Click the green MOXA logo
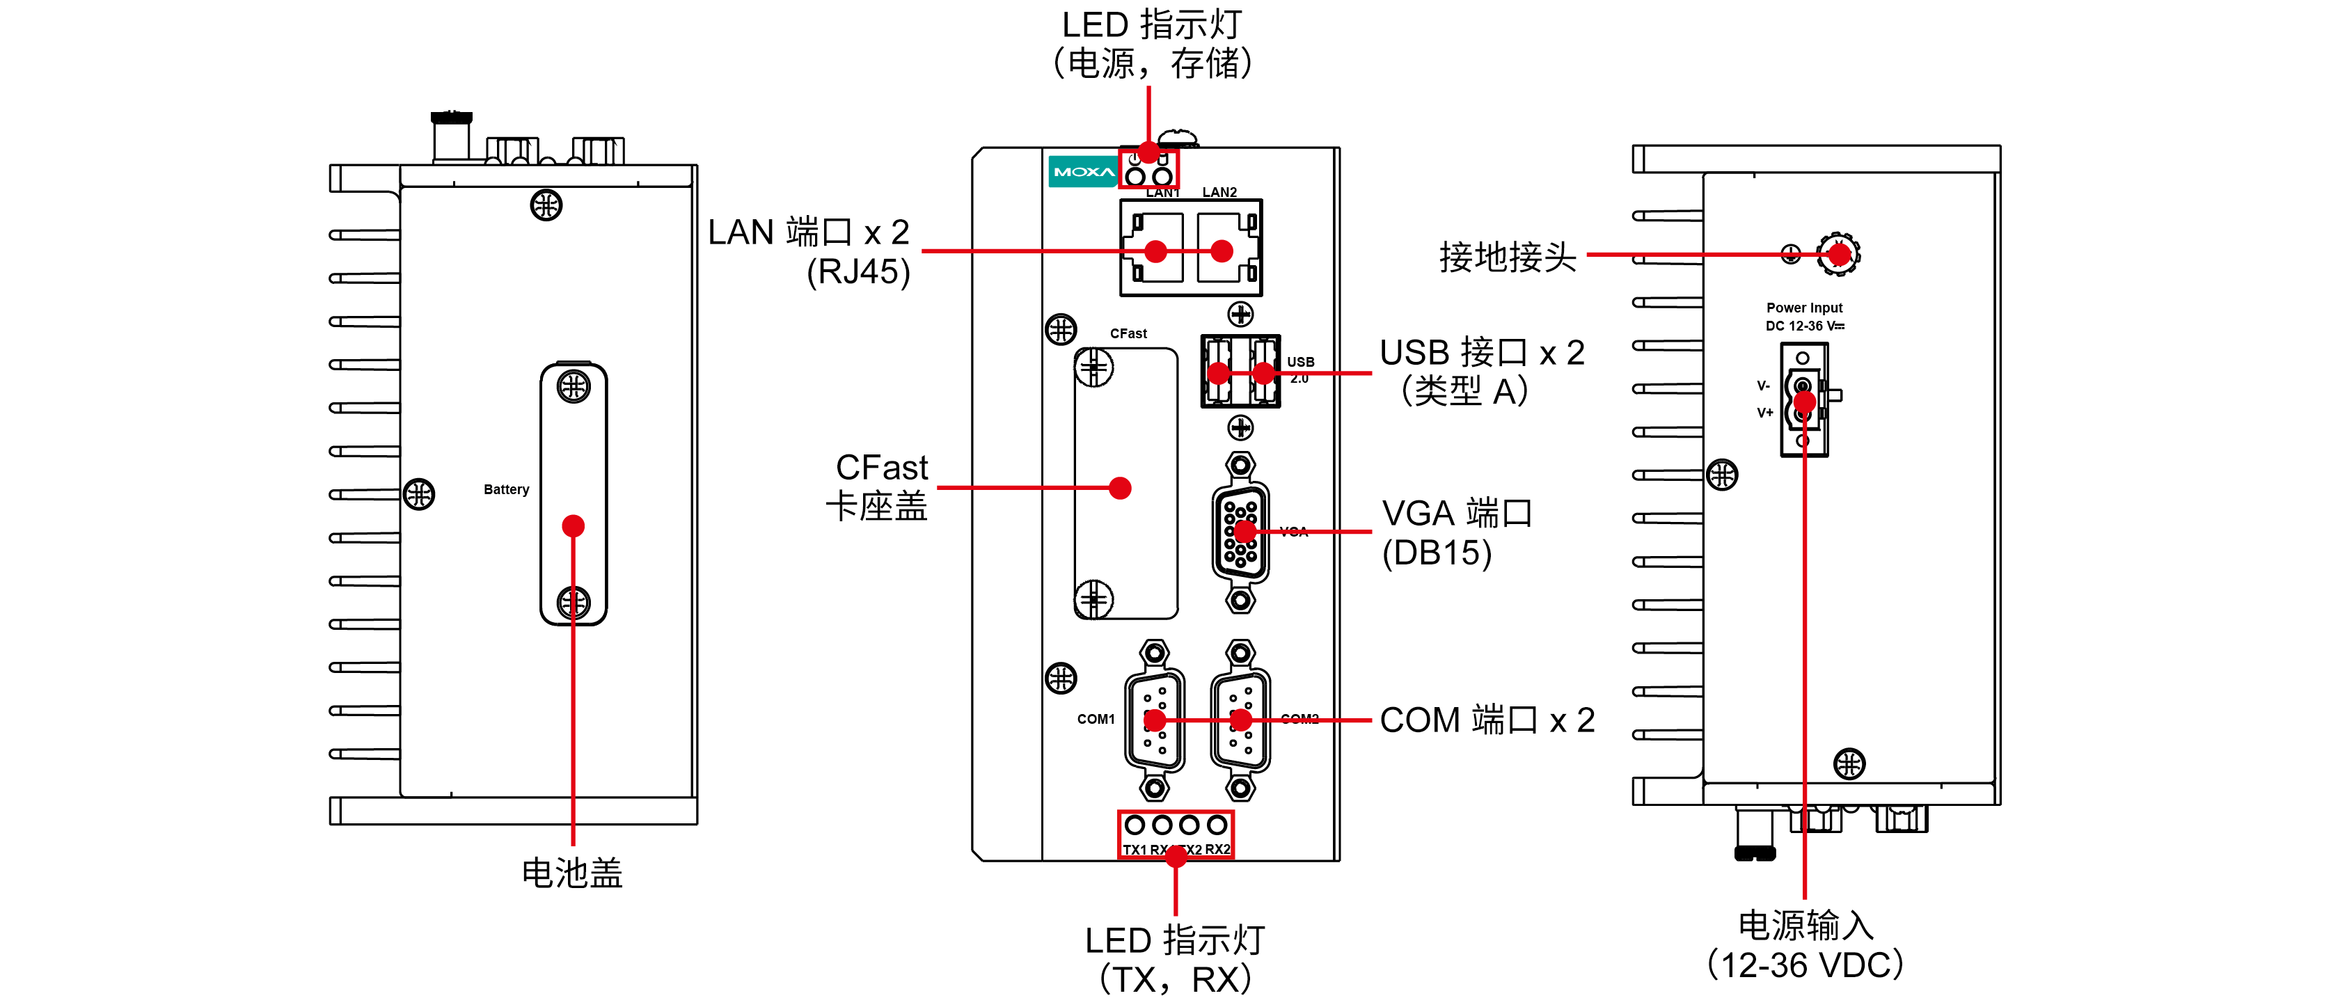coord(1083,171)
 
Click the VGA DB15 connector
coord(1240,532)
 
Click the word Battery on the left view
coord(506,489)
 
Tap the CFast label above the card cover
coord(1128,334)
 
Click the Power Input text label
coord(1803,308)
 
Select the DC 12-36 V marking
coord(1803,326)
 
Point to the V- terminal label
coord(1763,386)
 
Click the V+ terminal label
coord(1764,413)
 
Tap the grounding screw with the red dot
coord(1838,254)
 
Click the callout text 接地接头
coord(1508,257)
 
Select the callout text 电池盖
coord(572,873)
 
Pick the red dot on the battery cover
coord(573,525)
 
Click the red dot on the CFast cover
coord(1120,489)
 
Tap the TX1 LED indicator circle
coord(1135,824)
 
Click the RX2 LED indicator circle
coord(1217,824)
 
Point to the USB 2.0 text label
coord(1300,369)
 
